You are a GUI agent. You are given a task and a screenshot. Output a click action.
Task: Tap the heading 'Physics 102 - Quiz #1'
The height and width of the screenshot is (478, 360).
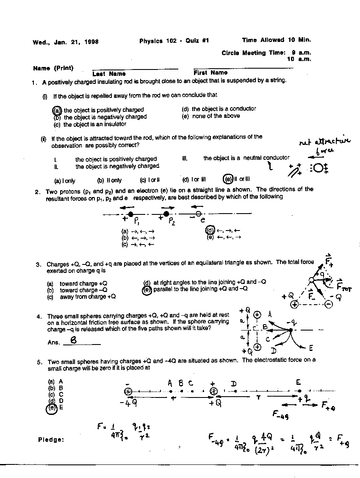click(174, 41)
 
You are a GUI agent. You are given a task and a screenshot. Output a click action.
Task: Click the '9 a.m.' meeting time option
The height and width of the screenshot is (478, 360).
click(301, 53)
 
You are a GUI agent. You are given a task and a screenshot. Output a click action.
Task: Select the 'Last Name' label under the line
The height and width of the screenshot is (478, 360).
click(109, 74)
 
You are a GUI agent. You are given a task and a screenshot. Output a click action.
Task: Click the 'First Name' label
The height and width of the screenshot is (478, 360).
click(210, 73)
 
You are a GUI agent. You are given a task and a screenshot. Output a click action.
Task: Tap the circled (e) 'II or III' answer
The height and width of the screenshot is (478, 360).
click(227, 180)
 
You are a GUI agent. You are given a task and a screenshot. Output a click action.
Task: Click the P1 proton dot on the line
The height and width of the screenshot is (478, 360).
click(130, 214)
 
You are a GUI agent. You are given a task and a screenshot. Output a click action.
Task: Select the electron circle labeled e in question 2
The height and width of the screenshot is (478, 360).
click(198, 214)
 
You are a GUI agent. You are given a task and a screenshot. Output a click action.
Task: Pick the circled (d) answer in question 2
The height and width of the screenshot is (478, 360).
click(210, 231)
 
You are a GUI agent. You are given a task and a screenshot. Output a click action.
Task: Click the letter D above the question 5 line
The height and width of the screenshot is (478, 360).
click(233, 384)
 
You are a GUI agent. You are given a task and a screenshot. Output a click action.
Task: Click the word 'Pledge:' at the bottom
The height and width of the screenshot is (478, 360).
click(51, 439)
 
